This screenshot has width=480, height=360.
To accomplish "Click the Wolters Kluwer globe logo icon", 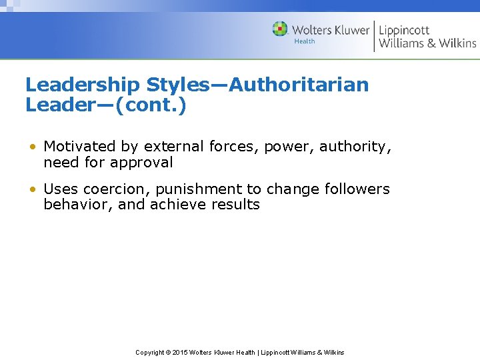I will (280, 29).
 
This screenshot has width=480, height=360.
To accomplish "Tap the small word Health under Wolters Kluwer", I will (304, 42).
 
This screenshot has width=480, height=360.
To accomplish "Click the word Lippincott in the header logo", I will (404, 30).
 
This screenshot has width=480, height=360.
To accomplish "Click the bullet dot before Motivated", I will (32, 147).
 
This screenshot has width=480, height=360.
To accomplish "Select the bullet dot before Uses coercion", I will (32, 189).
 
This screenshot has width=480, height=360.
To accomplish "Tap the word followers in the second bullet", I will (357, 189).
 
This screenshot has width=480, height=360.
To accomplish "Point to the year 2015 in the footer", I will (181, 352).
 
